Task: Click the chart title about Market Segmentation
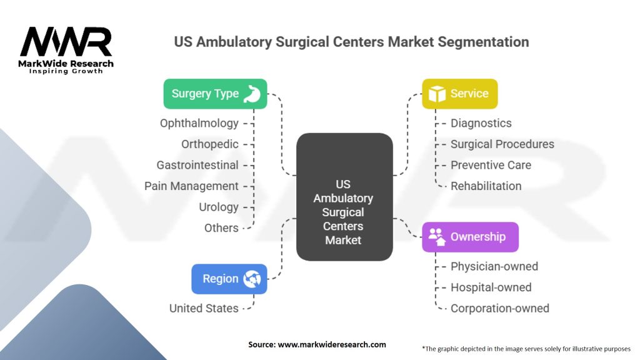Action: pos(351,42)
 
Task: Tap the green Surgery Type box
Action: pos(215,94)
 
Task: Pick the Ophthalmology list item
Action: pos(199,123)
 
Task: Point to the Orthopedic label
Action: pos(210,144)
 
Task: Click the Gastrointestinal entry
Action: pos(197,165)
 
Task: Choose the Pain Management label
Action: pos(191,186)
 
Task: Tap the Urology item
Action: pos(219,207)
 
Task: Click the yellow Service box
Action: pos(459,94)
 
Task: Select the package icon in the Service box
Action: pos(437,94)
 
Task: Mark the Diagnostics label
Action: pos(481,123)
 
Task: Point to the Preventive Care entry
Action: pos(491,165)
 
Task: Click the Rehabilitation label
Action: pos(486,186)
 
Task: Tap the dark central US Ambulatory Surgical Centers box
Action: pos(344,197)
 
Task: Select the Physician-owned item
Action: pos(494,266)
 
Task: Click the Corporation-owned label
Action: pos(500,308)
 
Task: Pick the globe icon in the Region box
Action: pos(252,279)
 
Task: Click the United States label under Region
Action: pos(204,308)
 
